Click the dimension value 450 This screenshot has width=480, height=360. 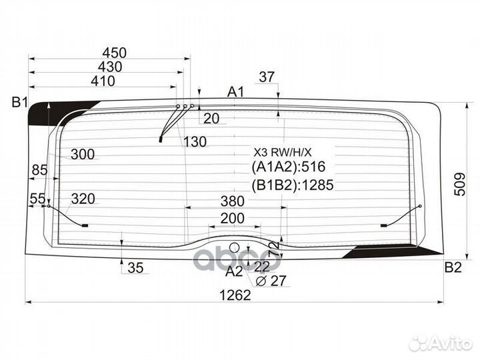click(115, 53)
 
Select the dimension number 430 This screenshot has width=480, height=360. click(110, 67)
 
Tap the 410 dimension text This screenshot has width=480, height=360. click(103, 81)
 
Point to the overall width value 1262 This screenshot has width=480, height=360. click(235, 295)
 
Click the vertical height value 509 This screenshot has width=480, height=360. click(460, 184)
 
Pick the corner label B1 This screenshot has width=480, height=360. click(20, 102)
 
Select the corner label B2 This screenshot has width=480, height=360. click(453, 267)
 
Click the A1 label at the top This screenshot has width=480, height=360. click(236, 92)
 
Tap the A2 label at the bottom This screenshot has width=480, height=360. click(234, 271)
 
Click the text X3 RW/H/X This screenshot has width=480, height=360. click(282, 152)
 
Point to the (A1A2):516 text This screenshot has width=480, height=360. click(289, 167)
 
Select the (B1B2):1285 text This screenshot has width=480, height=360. click(293, 185)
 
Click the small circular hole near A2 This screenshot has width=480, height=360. click(235, 247)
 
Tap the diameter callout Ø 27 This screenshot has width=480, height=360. click(271, 281)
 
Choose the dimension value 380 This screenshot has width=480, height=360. click(233, 201)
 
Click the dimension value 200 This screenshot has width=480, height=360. click(233, 219)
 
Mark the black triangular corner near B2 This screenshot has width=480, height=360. click(395, 251)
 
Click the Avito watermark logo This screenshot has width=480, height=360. click(441, 343)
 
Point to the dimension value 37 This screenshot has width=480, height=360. click(267, 77)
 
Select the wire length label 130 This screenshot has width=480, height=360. click(195, 142)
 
